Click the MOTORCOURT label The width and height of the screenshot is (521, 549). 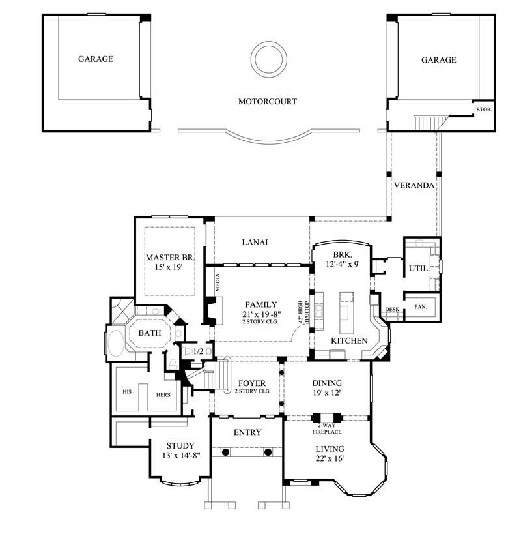point(267,102)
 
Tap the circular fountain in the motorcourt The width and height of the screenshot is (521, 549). point(268,59)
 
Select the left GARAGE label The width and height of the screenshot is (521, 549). point(96,59)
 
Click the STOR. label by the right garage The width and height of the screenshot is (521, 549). point(484,110)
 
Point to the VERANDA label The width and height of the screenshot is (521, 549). point(414,185)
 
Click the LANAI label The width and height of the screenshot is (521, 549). point(255,242)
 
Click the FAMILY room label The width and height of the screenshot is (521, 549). point(261,304)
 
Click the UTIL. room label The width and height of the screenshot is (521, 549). point(417,268)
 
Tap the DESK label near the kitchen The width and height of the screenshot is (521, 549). point(391,310)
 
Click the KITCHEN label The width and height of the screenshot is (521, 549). point(349,341)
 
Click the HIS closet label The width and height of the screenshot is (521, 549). point(127,393)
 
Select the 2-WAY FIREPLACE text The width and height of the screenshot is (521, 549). point(326,428)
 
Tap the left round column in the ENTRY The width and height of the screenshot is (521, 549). point(225,451)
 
